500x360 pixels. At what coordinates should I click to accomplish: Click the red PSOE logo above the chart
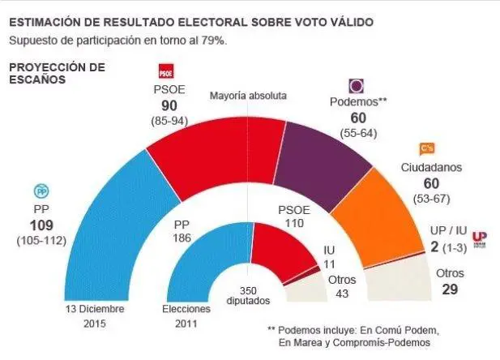point(165,69)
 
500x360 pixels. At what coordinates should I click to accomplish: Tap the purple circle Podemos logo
point(356,86)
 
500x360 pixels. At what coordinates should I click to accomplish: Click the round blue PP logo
point(42,191)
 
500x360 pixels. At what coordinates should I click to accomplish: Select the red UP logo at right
point(479,236)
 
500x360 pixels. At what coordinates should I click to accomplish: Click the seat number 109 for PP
point(42,225)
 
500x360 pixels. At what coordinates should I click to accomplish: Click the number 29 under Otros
point(451,290)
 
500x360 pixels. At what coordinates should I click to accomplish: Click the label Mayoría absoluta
point(249,95)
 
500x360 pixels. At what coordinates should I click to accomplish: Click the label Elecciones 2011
point(186,317)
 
